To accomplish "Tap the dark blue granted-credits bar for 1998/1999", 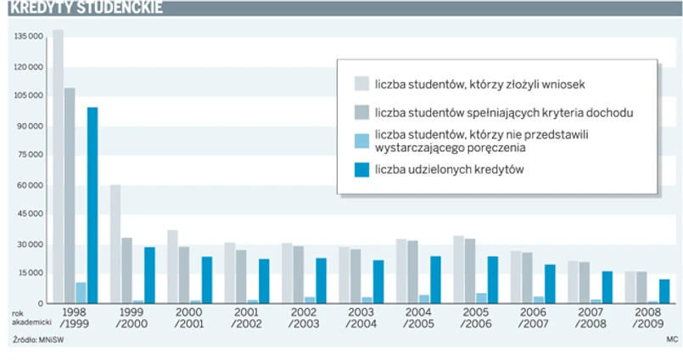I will pyautogui.click(x=92, y=205).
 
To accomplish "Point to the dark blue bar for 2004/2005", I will pyautogui.click(x=435, y=279).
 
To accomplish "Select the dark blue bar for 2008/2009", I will pyautogui.click(x=665, y=291).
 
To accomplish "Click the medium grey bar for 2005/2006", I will pyautogui.click(x=469, y=271).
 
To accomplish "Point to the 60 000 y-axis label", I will pyautogui.click(x=29, y=186).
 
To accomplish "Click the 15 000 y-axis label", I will pyautogui.click(x=29, y=273).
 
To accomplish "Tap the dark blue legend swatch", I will pyautogui.click(x=361, y=170).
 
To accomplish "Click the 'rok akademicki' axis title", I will pyautogui.click(x=25, y=318).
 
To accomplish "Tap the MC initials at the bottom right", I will pyautogui.click(x=672, y=340).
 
